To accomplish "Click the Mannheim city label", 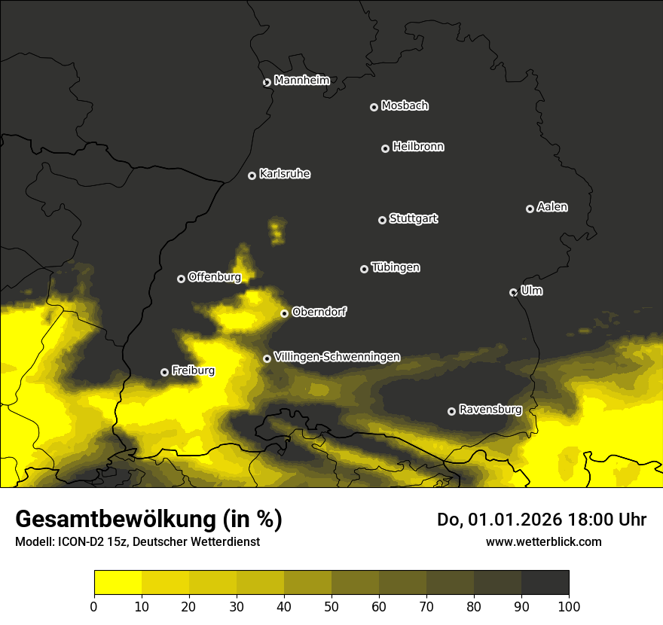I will click(x=301, y=81).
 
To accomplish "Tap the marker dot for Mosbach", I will click(x=374, y=107).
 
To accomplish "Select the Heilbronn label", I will click(x=418, y=147).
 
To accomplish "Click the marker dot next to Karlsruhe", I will click(x=252, y=175).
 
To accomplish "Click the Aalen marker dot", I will click(x=530, y=209).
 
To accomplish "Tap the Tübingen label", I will click(x=395, y=267).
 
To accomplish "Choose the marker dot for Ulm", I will click(x=513, y=292).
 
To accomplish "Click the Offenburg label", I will click(x=214, y=277).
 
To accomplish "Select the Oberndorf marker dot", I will click(x=284, y=313).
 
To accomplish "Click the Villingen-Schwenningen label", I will click(x=337, y=357).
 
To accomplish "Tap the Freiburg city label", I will click(x=193, y=370).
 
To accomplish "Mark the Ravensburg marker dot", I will click(x=451, y=411).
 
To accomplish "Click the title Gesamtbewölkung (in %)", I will click(x=148, y=520).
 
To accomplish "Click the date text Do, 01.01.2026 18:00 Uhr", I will click(x=541, y=520).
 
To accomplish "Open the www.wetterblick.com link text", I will click(x=543, y=541).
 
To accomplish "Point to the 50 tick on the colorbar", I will click(x=331, y=605).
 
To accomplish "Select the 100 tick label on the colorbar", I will click(x=569, y=605).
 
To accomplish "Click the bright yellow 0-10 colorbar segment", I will click(x=118, y=582).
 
